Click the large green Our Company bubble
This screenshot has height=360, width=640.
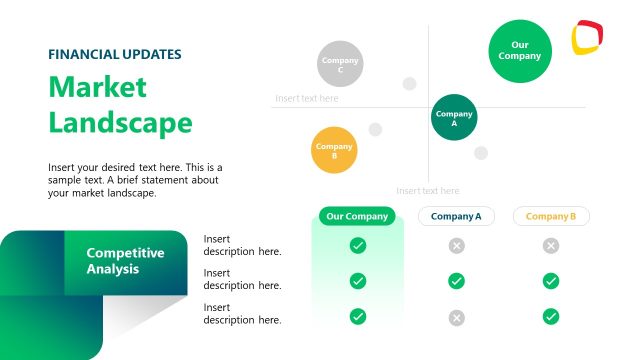coord(520,51)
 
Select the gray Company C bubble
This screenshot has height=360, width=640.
coord(340,65)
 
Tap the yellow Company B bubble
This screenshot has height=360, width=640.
coord(334,151)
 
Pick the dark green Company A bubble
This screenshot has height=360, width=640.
coord(454,118)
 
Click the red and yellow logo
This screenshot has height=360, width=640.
coord(587,39)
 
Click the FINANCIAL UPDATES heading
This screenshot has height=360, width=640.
coord(115,54)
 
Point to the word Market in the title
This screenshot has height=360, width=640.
coord(97,87)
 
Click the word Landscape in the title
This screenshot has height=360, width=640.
coord(120,123)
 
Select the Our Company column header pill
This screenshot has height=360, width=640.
coord(357,216)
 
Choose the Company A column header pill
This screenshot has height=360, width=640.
coord(456,216)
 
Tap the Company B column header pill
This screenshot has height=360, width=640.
coord(551,216)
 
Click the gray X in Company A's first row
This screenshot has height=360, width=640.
coord(456,246)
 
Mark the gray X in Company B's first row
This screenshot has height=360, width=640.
coord(551,246)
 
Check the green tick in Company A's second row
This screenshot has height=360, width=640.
coord(456,281)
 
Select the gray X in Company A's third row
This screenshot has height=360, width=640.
coord(456,317)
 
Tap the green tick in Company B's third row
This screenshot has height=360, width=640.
coord(551,317)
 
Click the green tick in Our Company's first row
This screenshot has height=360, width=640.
coord(358,246)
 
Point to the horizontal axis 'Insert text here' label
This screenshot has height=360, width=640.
coord(307,99)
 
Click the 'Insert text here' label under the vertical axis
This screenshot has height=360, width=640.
coord(428,191)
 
